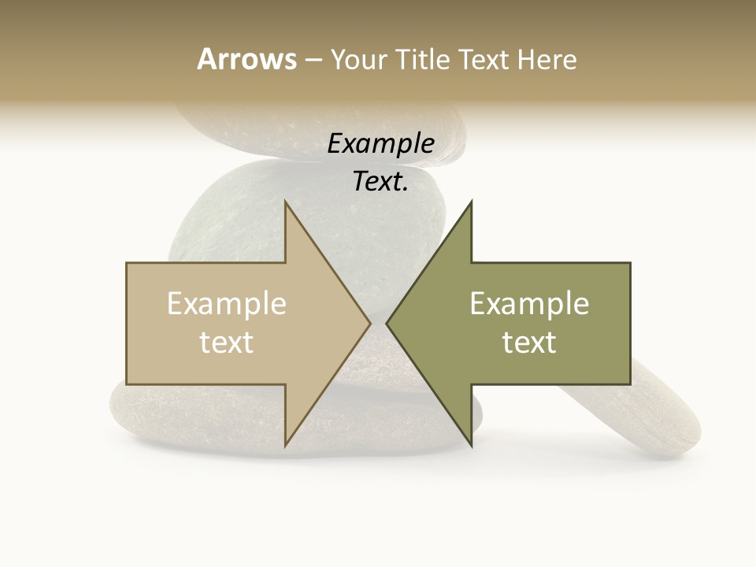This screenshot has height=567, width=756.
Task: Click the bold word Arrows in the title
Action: (x=246, y=59)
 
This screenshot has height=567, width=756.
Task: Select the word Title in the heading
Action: (x=424, y=59)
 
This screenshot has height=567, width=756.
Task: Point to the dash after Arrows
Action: (x=313, y=60)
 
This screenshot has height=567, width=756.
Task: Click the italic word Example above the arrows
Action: (x=381, y=144)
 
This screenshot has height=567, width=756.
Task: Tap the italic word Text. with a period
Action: (x=381, y=182)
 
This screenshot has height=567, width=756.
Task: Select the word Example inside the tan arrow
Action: (x=227, y=304)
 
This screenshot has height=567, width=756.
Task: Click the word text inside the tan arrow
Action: (x=227, y=342)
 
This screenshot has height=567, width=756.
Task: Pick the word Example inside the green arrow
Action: (x=529, y=304)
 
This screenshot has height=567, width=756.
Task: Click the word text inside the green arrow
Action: (x=529, y=342)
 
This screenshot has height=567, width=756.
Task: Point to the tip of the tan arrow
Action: (x=370, y=323)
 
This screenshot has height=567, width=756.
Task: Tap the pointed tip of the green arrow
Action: (x=387, y=323)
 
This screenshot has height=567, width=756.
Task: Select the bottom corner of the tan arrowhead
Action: (x=285, y=446)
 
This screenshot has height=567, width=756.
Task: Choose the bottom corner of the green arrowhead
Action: (x=471, y=446)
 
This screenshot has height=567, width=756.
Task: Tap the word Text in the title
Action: (x=486, y=59)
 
